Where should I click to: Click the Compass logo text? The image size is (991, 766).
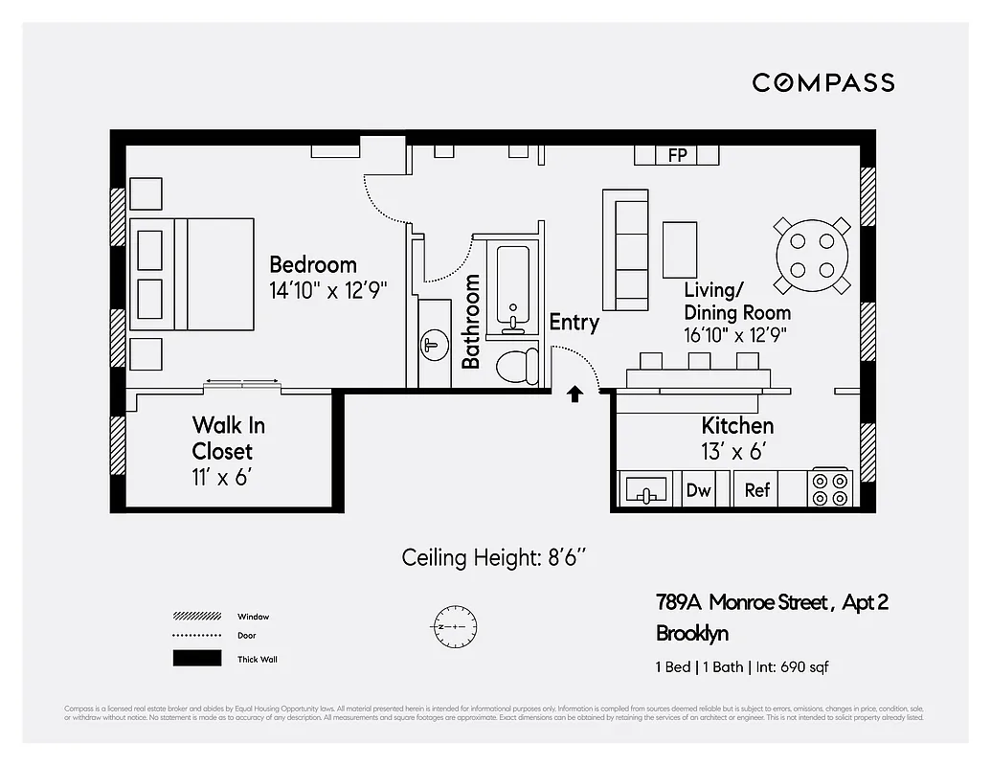tap(822, 82)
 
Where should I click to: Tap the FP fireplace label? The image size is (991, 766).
tap(677, 155)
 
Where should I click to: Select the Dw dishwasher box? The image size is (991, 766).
tap(699, 490)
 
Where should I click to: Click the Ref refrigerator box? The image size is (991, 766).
tap(757, 490)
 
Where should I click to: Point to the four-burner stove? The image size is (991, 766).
tap(830, 488)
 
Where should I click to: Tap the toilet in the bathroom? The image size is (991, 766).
tap(518, 366)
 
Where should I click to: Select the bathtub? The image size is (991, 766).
tap(512, 287)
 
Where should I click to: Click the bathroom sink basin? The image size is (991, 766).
tap(435, 344)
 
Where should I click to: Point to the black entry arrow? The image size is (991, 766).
tap(574, 393)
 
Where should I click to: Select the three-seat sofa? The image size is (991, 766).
tap(625, 249)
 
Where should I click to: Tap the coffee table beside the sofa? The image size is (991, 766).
tap(680, 249)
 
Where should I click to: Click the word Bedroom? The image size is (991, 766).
tap(312, 264)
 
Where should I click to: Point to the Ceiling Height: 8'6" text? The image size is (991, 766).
tap(493, 557)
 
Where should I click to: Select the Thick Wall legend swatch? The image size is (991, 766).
tap(196, 659)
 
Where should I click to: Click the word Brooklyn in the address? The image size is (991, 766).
tap(692, 633)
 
